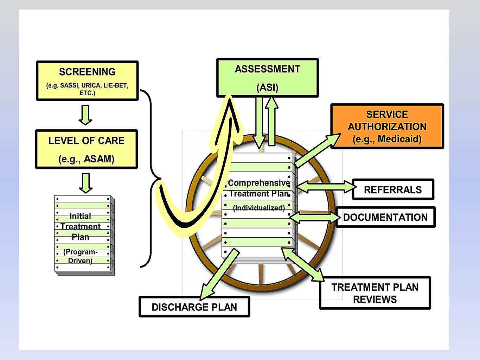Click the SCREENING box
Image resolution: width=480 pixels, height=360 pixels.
pos(87,81)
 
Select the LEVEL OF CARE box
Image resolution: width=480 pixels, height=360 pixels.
pos(87,149)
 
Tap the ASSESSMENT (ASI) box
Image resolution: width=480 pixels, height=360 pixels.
pos(268,78)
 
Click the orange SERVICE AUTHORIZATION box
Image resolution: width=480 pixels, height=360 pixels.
pos(387,126)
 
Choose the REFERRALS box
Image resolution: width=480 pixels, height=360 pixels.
pos(393,189)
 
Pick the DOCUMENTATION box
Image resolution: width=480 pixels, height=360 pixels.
pos(385,217)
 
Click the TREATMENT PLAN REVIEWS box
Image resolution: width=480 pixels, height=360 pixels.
pos(375,293)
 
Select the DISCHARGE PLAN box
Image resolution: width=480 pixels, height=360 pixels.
pos(194,307)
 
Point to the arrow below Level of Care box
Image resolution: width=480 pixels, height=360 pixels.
pos(86,183)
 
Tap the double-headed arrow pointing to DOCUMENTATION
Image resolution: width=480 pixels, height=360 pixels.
pos(315,217)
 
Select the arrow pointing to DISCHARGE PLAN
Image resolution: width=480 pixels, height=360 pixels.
pos(219,274)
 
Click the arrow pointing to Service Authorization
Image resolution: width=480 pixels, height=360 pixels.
pos(317,151)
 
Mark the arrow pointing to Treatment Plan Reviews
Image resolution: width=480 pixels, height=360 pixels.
pos(302,264)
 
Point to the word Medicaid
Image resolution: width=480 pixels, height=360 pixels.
pos(399,139)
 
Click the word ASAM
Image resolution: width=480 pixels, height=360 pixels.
pos(99,159)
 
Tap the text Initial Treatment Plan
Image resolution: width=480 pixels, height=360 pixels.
pos(81,226)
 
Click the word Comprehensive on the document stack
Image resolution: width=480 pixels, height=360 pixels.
pos(259,183)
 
